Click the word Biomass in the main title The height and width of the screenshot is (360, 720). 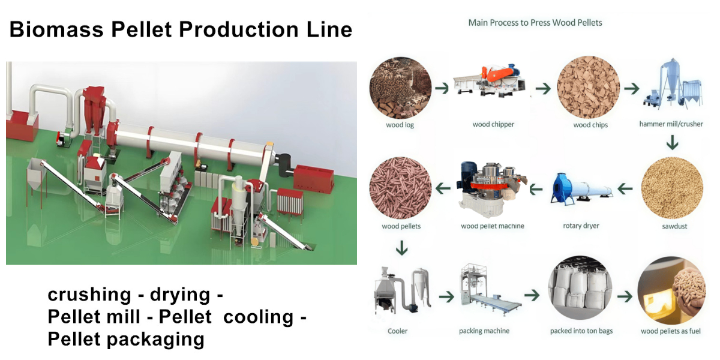tap(56, 29)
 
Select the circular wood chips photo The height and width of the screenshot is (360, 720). tap(588, 88)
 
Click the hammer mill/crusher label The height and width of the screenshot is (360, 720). tap(671, 124)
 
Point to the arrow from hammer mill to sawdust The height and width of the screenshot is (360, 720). tap(672, 142)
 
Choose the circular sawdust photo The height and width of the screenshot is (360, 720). tap(672, 188)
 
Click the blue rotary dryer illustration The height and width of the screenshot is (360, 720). tap(581, 188)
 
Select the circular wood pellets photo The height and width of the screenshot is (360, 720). tap(401, 188)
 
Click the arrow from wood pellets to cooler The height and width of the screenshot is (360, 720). tap(402, 247)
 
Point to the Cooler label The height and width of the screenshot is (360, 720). tap(397, 331)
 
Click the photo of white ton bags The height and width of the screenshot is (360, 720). tap(580, 287)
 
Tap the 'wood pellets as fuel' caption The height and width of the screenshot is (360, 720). tap(671, 331)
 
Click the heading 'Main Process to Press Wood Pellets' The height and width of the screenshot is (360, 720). tap(535, 23)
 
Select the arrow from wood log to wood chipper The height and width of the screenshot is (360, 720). tap(442, 88)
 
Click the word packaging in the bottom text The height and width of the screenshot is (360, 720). tap(155, 340)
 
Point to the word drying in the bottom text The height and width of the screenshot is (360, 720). tap(180, 295)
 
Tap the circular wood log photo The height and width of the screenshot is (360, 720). tap(401, 88)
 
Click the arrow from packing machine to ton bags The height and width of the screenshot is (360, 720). tap(532, 295)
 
